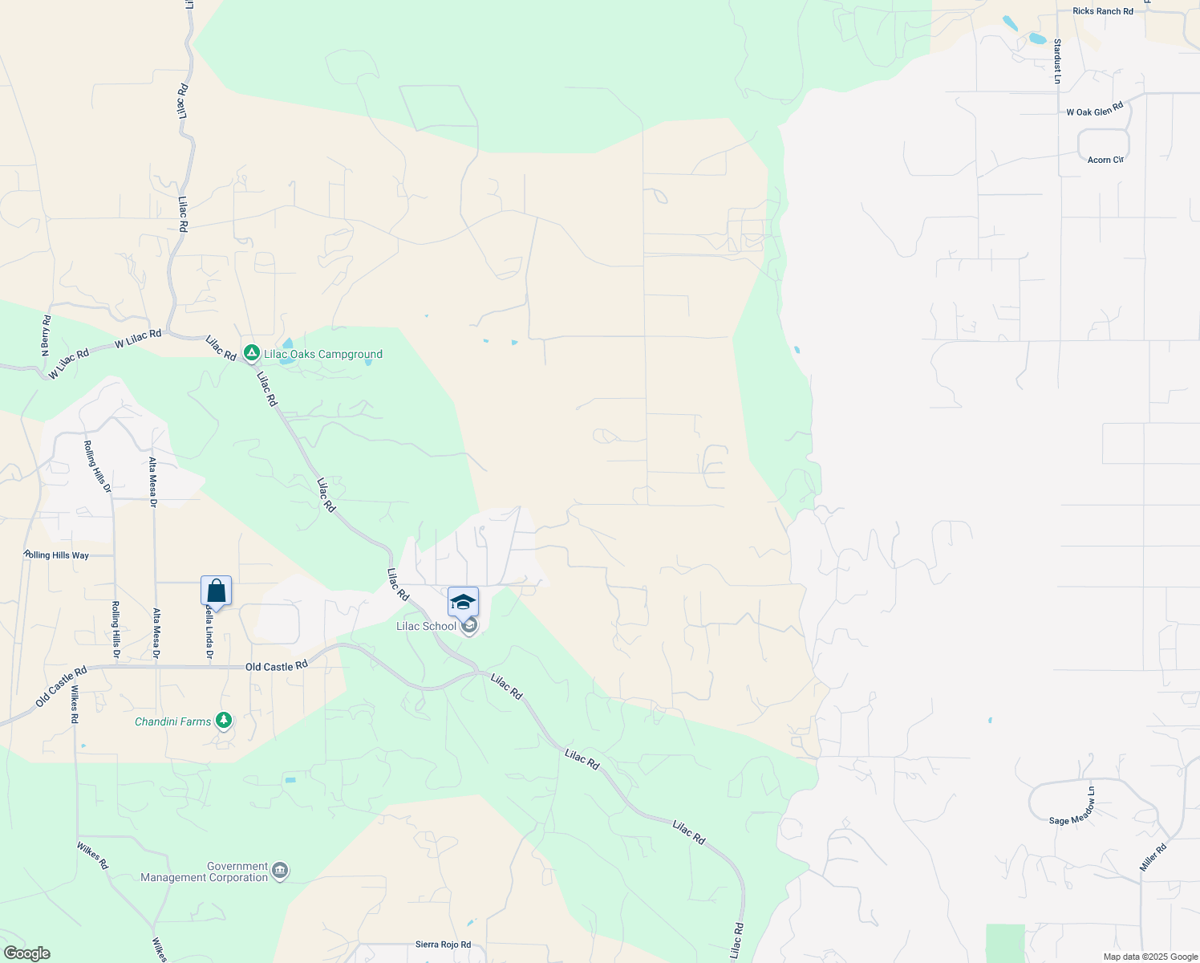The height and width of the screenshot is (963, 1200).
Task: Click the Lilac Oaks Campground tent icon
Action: (252, 353)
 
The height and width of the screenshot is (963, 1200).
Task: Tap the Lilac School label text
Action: (426, 626)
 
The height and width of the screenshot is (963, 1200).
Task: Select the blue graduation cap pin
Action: (463, 602)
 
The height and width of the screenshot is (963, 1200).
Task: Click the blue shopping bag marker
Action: (217, 591)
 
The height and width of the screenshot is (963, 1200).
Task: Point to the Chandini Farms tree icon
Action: (224, 721)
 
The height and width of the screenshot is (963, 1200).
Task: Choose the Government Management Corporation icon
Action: (280, 871)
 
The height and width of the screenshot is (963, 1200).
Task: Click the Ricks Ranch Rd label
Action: (1103, 11)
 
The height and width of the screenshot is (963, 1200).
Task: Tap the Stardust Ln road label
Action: (1057, 61)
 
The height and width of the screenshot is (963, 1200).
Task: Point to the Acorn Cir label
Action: (1105, 160)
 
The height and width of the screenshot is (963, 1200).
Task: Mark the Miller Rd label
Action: (1153, 858)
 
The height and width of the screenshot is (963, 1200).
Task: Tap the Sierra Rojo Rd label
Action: (443, 945)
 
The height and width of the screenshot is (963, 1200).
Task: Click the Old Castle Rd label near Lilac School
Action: (277, 666)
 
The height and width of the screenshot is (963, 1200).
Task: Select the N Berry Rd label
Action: (46, 335)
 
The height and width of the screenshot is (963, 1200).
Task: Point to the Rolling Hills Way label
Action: (57, 555)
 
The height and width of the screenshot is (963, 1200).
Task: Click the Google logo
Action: (26, 953)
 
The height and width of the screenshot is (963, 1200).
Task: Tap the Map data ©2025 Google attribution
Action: (1150, 957)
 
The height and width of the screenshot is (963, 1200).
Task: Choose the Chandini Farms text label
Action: (172, 721)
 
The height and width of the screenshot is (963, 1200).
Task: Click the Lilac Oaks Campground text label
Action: (323, 354)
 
